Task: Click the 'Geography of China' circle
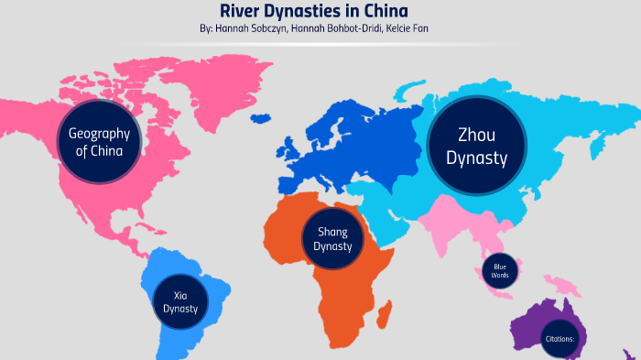(x=99, y=142)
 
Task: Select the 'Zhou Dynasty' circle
(x=476, y=147)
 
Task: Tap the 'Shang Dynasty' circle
(x=332, y=239)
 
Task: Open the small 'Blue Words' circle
(x=499, y=270)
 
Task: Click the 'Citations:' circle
(x=558, y=337)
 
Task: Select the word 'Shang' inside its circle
(x=332, y=232)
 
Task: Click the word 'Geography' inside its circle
(x=99, y=133)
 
